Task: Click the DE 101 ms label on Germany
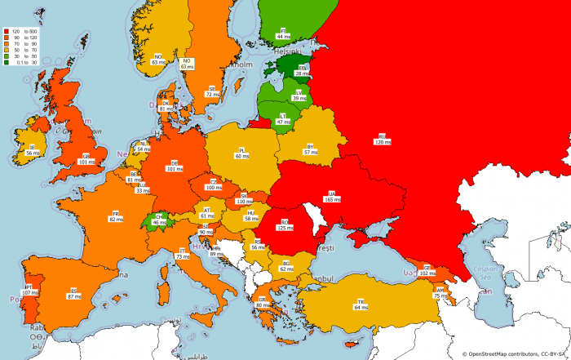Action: pyautogui.click(x=175, y=167)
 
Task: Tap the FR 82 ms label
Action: pyautogui.click(x=117, y=216)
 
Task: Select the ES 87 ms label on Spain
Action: pyautogui.click(x=73, y=292)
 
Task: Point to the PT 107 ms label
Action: pyautogui.click(x=29, y=289)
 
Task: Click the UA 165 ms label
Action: pyautogui.click(x=332, y=196)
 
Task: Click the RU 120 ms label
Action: pyautogui.click(x=382, y=139)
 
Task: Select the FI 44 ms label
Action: pyautogui.click(x=283, y=34)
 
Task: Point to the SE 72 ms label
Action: pyautogui.click(x=212, y=91)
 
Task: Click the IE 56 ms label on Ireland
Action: pyautogui.click(x=33, y=150)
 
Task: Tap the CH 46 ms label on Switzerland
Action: pyautogui.click(x=159, y=220)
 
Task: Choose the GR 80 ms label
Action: pyautogui.click(x=263, y=302)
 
